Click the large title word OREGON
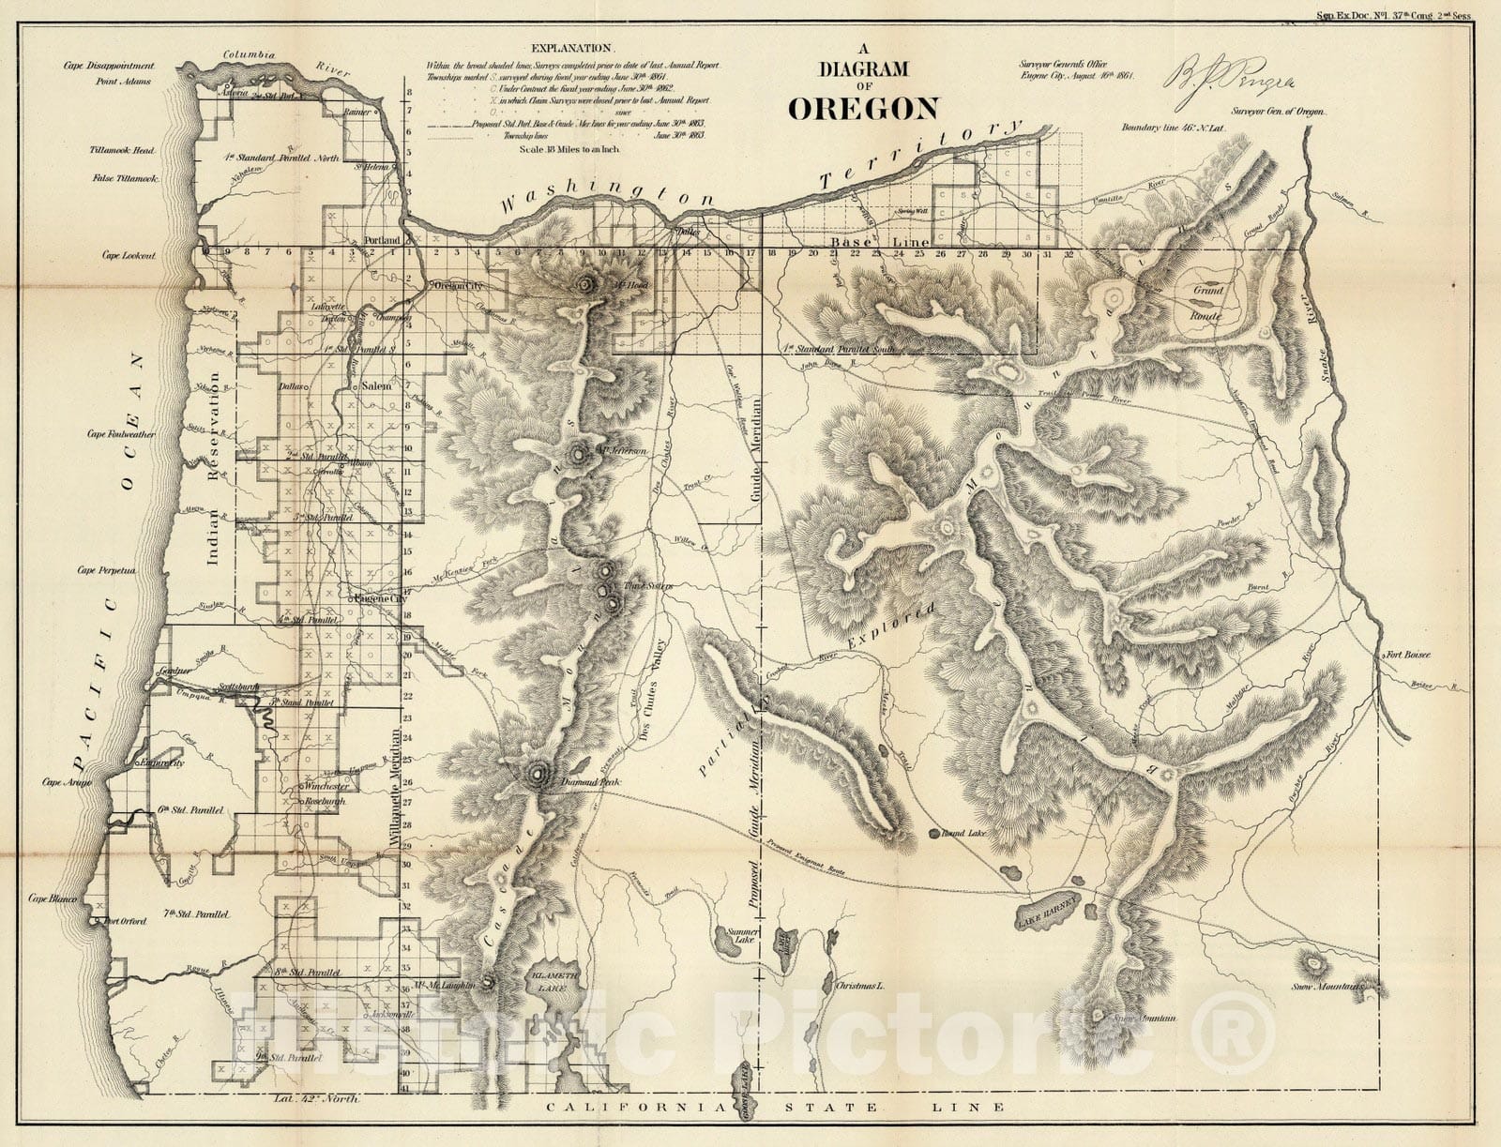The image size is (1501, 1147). click(862, 108)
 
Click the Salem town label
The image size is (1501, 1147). click(375, 385)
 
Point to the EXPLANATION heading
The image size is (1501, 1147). click(571, 48)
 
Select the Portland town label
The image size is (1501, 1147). click(383, 240)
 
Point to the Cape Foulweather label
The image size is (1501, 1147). click(121, 434)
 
